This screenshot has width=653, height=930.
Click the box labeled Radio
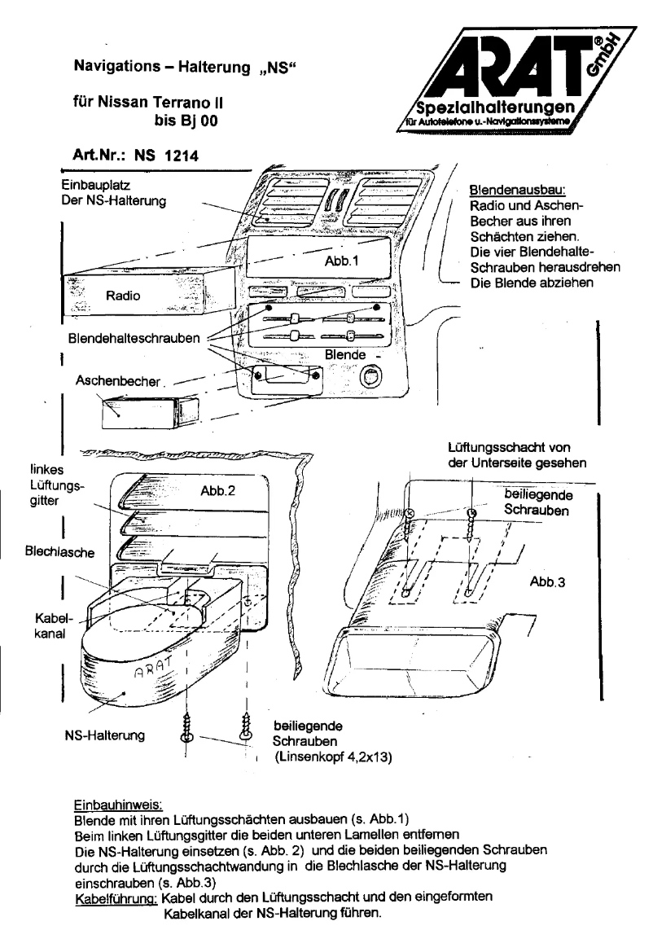122,296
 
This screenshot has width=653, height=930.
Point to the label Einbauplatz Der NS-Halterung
115,194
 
